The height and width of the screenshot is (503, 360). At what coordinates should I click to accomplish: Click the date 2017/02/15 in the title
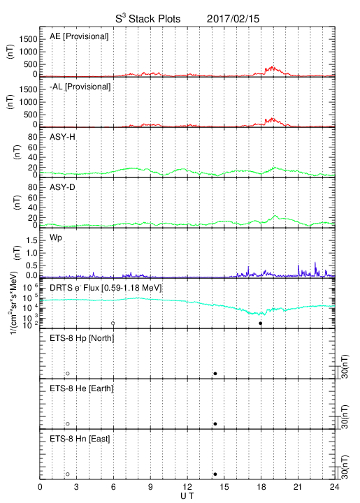pos(233,19)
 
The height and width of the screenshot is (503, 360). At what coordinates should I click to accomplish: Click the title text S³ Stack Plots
pos(148,18)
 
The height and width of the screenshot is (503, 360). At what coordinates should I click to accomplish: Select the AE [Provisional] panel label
pos(79,36)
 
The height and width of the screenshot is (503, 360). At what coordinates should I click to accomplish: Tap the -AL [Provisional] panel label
pos(80,87)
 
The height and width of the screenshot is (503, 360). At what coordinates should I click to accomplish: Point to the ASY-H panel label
pos(62,137)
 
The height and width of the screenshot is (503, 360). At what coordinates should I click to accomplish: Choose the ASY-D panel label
pos(62,187)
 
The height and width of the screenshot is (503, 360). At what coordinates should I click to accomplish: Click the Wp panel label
pos(56,238)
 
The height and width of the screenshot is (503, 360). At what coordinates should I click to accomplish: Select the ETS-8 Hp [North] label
pos(82,338)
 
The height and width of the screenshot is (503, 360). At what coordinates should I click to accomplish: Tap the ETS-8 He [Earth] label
pos(82,388)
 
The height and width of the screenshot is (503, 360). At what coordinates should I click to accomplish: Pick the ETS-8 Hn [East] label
pos(80,439)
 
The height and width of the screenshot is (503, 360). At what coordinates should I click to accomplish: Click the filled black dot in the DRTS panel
pos(261,323)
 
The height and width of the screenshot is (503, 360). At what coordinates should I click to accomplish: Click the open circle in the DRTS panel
pos(113,323)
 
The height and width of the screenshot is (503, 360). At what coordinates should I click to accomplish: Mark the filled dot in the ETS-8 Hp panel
pos(215,373)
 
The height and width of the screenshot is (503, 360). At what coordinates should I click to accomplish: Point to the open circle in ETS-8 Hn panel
pos(68,474)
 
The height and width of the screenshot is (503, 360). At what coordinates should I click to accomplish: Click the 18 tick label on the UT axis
pos(261,487)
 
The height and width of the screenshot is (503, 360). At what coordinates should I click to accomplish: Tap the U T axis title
pos(187,496)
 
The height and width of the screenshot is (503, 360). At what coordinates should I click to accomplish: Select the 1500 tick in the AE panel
pos(28,39)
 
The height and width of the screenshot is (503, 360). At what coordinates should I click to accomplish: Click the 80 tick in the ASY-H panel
pos(33,138)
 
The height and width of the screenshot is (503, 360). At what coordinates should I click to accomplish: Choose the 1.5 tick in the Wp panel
pos(31,240)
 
